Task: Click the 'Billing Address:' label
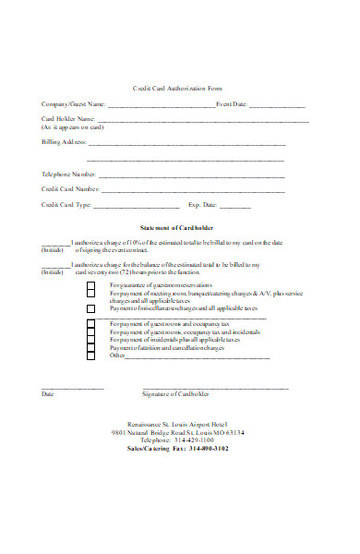click(x=64, y=143)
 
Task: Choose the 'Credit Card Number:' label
click(x=69, y=189)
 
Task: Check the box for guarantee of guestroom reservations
click(x=90, y=285)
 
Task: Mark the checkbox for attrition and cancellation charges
click(x=90, y=347)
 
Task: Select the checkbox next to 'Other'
click(x=90, y=355)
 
